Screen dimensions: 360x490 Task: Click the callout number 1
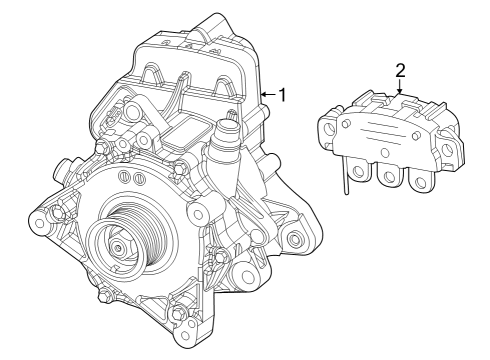tap(283, 95)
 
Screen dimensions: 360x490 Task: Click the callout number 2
tap(400, 70)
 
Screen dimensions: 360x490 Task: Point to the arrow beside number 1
tap(266, 95)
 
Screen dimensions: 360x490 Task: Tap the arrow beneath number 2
tap(400, 89)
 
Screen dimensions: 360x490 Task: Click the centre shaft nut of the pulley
tap(118, 247)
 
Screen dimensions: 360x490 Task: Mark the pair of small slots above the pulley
tap(127, 177)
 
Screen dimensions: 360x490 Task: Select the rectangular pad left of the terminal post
tap(186, 131)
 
